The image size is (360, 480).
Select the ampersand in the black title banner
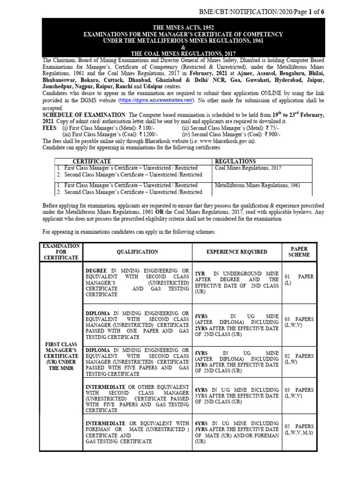pyautogui.click(x=183, y=47)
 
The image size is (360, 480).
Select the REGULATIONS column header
pyautogui.click(x=235, y=161)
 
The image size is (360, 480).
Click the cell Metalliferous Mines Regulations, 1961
pyautogui.click(x=257, y=186)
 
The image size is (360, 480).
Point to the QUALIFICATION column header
pyautogui.click(x=137, y=252)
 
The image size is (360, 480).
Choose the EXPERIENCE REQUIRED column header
pyautogui.click(x=237, y=252)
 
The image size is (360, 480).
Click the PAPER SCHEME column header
pyautogui.click(x=300, y=252)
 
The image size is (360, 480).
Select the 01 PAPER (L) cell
pyautogui.click(x=299, y=280)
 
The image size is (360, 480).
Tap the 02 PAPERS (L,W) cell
pyautogui.click(x=299, y=359)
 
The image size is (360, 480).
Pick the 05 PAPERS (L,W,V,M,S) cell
pyautogui.click(x=299, y=430)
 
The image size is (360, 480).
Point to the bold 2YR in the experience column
pyautogui.click(x=200, y=273)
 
